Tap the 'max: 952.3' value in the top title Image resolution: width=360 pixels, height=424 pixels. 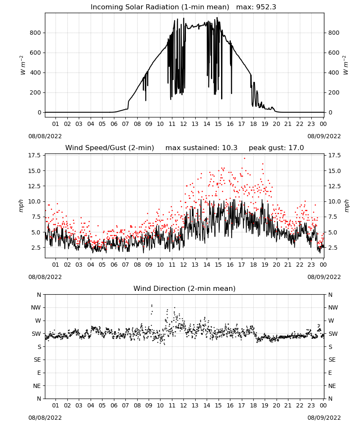pyautogui.click(x=256, y=7)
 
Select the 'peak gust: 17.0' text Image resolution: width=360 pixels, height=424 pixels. pyautogui.click(x=276, y=148)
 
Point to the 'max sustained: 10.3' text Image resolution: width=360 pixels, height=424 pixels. pyautogui.click(x=201, y=148)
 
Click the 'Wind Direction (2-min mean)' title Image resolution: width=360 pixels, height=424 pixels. pyautogui.click(x=185, y=288)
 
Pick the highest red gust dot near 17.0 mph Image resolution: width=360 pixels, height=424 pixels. pyautogui.click(x=244, y=159)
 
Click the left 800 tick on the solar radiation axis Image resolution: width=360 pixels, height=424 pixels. pyautogui.click(x=36, y=33)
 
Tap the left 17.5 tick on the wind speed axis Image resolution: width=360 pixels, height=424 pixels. pyautogui.click(x=35, y=156)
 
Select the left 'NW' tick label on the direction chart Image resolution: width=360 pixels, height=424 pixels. pyautogui.click(x=36, y=308)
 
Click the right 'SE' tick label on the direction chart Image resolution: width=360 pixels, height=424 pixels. pyautogui.click(x=332, y=360)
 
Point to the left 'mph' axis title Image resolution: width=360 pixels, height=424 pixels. pyautogui.click(x=21, y=206)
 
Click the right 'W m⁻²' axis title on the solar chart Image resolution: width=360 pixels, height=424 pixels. pyautogui.click(x=346, y=65)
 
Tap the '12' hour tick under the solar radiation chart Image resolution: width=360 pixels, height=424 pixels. pyautogui.click(x=183, y=124)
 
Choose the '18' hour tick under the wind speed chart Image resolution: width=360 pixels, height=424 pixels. pyautogui.click(x=253, y=265)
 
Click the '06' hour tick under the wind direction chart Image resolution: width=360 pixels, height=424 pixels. pyautogui.click(x=114, y=405)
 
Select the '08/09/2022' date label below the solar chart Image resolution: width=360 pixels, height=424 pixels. pyautogui.click(x=324, y=136)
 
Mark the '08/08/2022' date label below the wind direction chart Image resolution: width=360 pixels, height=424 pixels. pyautogui.click(x=45, y=418)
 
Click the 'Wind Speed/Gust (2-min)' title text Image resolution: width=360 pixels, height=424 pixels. pyautogui.click(x=110, y=148)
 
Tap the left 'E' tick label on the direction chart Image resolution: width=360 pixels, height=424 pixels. pyautogui.click(x=39, y=373)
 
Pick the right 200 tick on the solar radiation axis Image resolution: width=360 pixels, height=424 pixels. pyautogui.click(x=334, y=92)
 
